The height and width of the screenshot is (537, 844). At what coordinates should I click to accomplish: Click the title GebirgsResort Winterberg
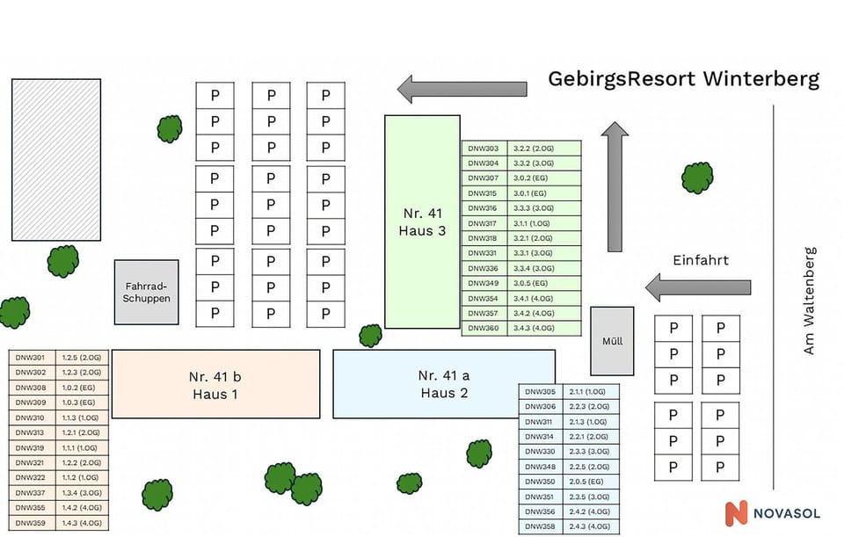(683, 79)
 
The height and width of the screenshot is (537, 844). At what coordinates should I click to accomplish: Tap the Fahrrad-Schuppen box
(147, 292)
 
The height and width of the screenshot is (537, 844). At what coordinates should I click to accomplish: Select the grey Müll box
(612, 340)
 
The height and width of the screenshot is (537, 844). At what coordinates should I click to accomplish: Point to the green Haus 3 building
(422, 221)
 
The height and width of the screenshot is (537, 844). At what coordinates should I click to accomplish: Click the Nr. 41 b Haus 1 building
(215, 385)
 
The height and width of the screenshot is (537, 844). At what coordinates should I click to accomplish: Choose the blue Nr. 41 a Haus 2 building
(444, 384)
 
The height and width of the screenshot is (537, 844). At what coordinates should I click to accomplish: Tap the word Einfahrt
(701, 261)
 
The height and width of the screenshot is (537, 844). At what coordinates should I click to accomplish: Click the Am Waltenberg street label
(810, 301)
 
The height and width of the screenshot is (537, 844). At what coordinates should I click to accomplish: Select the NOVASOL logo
(770, 513)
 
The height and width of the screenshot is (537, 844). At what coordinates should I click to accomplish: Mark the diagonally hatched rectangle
(55, 160)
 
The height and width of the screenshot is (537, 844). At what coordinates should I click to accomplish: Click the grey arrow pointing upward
(615, 186)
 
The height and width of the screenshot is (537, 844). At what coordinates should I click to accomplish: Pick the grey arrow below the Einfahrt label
(698, 287)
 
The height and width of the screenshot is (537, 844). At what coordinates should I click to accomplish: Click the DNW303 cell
(483, 149)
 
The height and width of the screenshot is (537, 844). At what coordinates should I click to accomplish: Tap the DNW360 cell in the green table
(483, 328)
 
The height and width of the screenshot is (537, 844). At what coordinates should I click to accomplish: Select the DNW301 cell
(32, 358)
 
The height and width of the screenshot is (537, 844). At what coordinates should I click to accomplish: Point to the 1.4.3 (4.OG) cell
(82, 523)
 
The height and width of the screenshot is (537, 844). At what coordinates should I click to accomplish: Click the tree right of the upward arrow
(697, 178)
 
